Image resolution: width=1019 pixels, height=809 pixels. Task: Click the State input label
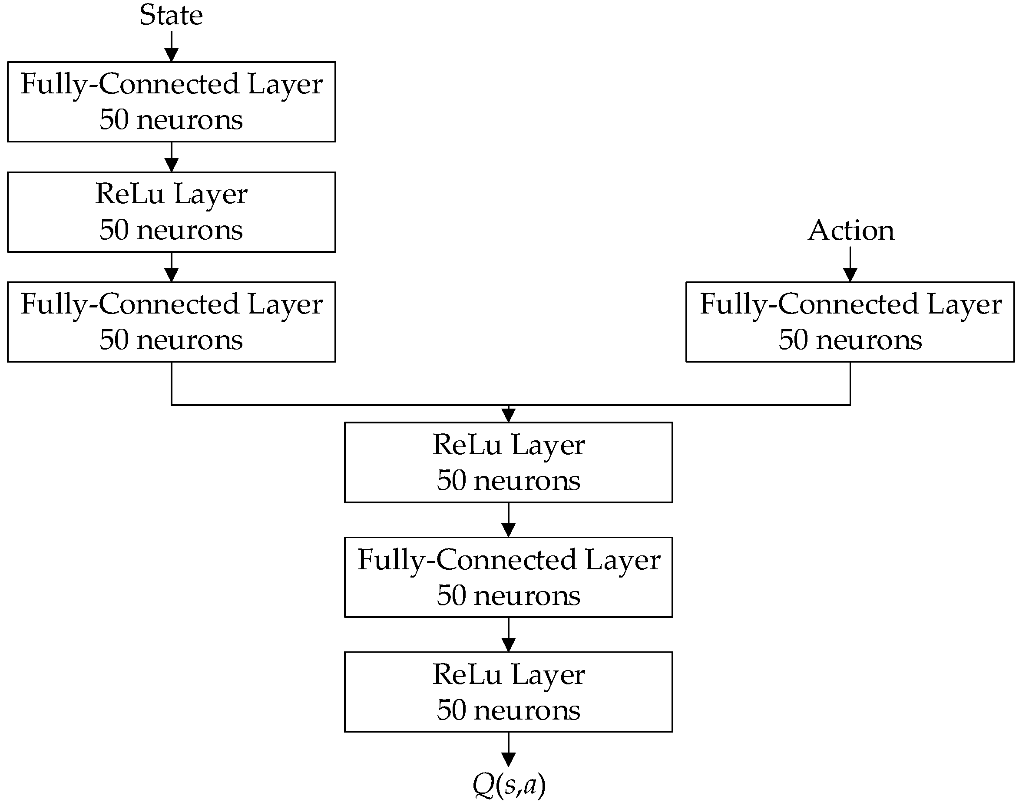(171, 15)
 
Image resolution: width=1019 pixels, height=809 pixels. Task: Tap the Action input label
(850, 231)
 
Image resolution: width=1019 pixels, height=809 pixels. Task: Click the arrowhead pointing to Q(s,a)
(508, 759)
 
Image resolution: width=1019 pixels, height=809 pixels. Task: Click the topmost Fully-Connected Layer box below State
(171, 102)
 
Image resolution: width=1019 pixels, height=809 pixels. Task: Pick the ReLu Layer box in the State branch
(171, 212)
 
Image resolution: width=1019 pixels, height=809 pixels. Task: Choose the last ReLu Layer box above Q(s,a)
(508, 692)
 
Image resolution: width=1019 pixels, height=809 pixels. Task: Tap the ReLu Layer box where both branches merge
(508, 462)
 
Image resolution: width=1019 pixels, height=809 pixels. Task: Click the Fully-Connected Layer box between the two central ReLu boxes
(508, 577)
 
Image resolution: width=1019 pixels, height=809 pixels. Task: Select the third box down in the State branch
(171, 322)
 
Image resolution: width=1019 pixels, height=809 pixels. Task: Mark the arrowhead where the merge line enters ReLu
(508, 415)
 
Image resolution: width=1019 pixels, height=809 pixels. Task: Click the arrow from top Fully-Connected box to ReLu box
(171, 157)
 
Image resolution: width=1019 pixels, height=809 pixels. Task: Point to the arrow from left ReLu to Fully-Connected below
(171, 267)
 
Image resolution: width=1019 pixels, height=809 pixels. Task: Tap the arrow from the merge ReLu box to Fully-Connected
(508, 520)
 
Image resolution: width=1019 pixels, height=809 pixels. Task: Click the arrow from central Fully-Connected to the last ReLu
(508, 634)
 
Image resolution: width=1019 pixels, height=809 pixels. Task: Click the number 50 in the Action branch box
(793, 340)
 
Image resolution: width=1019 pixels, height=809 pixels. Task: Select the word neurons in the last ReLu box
(526, 710)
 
